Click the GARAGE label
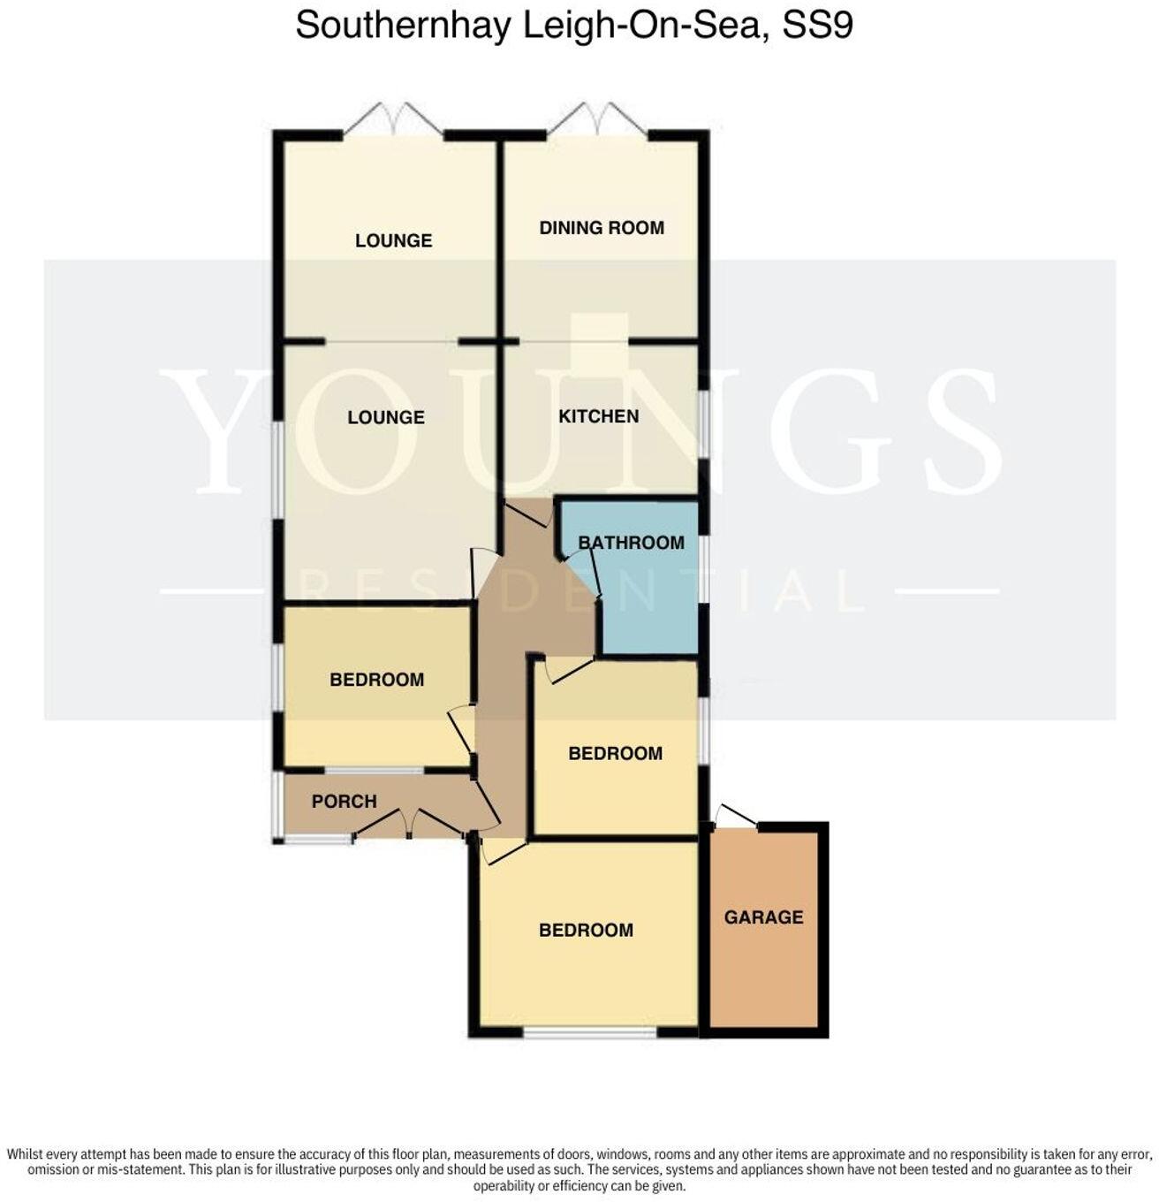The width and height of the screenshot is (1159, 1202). pos(763,917)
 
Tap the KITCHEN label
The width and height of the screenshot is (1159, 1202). pos(598,416)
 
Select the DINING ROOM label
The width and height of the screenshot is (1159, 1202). pos(602,228)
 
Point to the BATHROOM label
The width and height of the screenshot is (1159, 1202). pos(631,543)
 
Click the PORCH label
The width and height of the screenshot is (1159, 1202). pos(344,802)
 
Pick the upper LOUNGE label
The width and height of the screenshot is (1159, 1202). pos(393,240)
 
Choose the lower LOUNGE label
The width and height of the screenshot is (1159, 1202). pos(386,417)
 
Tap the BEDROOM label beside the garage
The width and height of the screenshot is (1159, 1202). pos(586,930)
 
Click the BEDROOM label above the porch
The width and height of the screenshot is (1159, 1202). pos(376,680)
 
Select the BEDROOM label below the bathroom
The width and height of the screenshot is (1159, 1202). pos(615,754)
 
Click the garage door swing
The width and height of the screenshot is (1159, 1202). pos(735,816)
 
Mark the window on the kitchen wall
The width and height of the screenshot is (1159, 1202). pos(702,423)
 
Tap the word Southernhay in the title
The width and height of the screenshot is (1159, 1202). pos(403,26)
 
